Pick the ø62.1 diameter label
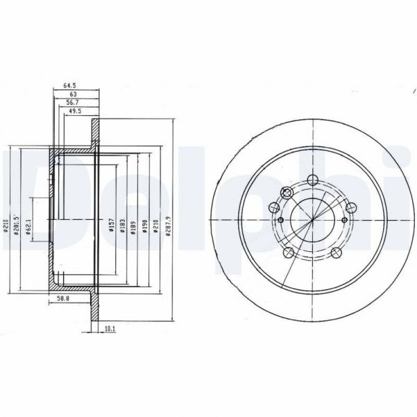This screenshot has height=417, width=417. (x=28, y=228)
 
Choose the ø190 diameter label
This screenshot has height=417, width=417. (x=144, y=226)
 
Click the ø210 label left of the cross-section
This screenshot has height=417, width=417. (x=5, y=226)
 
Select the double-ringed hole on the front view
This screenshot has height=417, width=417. (x=286, y=194)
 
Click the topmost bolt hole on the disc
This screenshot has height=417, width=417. (x=312, y=180)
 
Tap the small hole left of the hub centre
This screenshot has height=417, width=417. (x=280, y=220)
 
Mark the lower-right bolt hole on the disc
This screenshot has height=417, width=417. (x=336, y=253)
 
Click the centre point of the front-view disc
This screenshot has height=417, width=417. (x=312, y=220)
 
